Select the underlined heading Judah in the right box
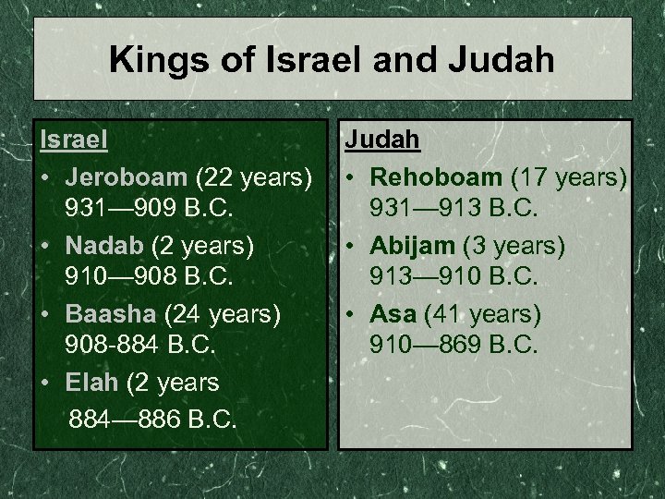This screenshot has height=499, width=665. tap(382, 140)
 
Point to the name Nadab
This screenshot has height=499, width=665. tap(101, 244)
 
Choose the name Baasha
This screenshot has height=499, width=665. tap(106, 314)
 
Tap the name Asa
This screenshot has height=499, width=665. tap(392, 314)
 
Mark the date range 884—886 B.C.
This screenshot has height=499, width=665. tap(153, 419)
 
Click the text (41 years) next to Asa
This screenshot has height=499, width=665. tap(482, 314)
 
